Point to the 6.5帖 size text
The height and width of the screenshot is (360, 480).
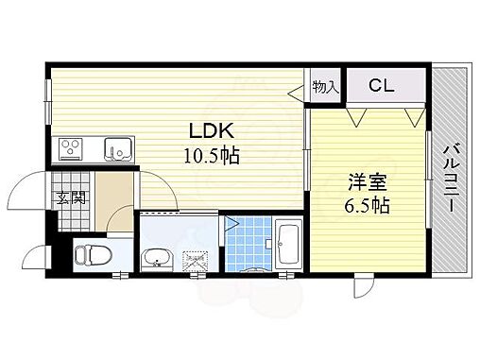[365, 204]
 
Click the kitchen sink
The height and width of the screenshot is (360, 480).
[117, 148]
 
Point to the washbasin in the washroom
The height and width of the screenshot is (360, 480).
[156, 258]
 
